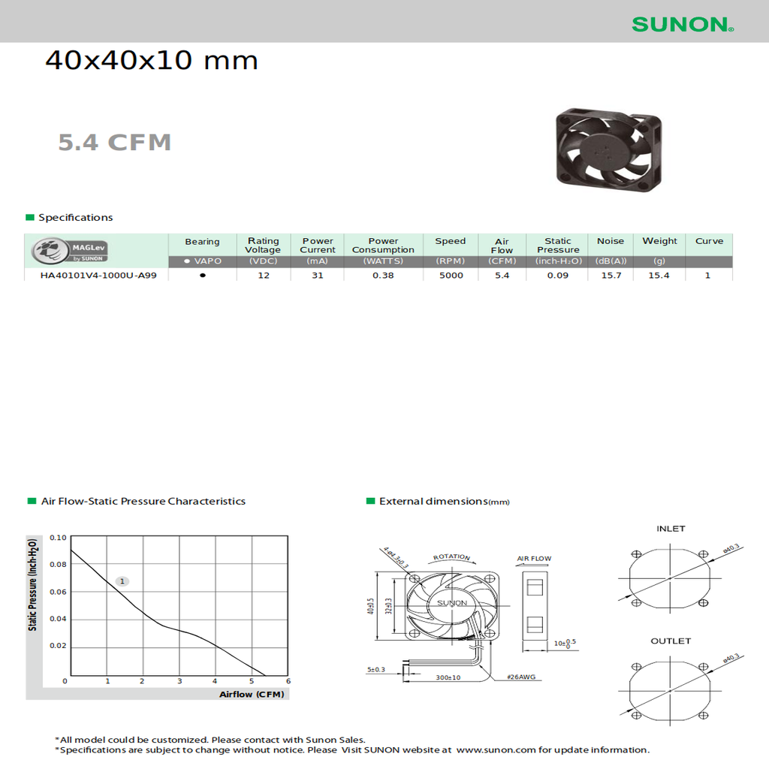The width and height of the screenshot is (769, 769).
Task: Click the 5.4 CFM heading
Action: (115, 142)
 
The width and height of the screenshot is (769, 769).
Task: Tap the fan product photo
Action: (609, 149)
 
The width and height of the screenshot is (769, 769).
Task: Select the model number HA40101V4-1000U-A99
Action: (98, 276)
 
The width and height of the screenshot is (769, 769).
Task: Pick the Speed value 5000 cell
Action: (451, 276)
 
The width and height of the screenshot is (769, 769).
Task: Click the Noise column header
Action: (610, 241)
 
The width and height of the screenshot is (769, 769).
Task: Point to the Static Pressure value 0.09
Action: (557, 276)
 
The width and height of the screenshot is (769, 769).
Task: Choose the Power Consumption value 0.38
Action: (383, 276)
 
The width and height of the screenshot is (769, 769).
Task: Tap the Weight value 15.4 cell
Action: (659, 276)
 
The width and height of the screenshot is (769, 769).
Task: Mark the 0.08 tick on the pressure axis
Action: (58, 565)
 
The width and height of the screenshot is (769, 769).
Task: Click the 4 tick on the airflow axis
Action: (215, 681)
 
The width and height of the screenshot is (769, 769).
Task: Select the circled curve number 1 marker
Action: (123, 581)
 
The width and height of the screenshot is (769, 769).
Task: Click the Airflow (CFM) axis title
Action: (252, 695)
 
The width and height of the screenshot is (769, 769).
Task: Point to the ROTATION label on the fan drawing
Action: (451, 557)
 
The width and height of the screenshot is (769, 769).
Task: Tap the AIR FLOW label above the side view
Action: (534, 559)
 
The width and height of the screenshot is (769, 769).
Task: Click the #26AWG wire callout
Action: (521, 677)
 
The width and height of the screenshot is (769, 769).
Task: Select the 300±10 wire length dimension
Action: (448, 677)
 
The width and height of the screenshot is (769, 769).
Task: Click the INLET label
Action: (671, 529)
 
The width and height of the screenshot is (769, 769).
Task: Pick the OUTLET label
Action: (671, 641)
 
